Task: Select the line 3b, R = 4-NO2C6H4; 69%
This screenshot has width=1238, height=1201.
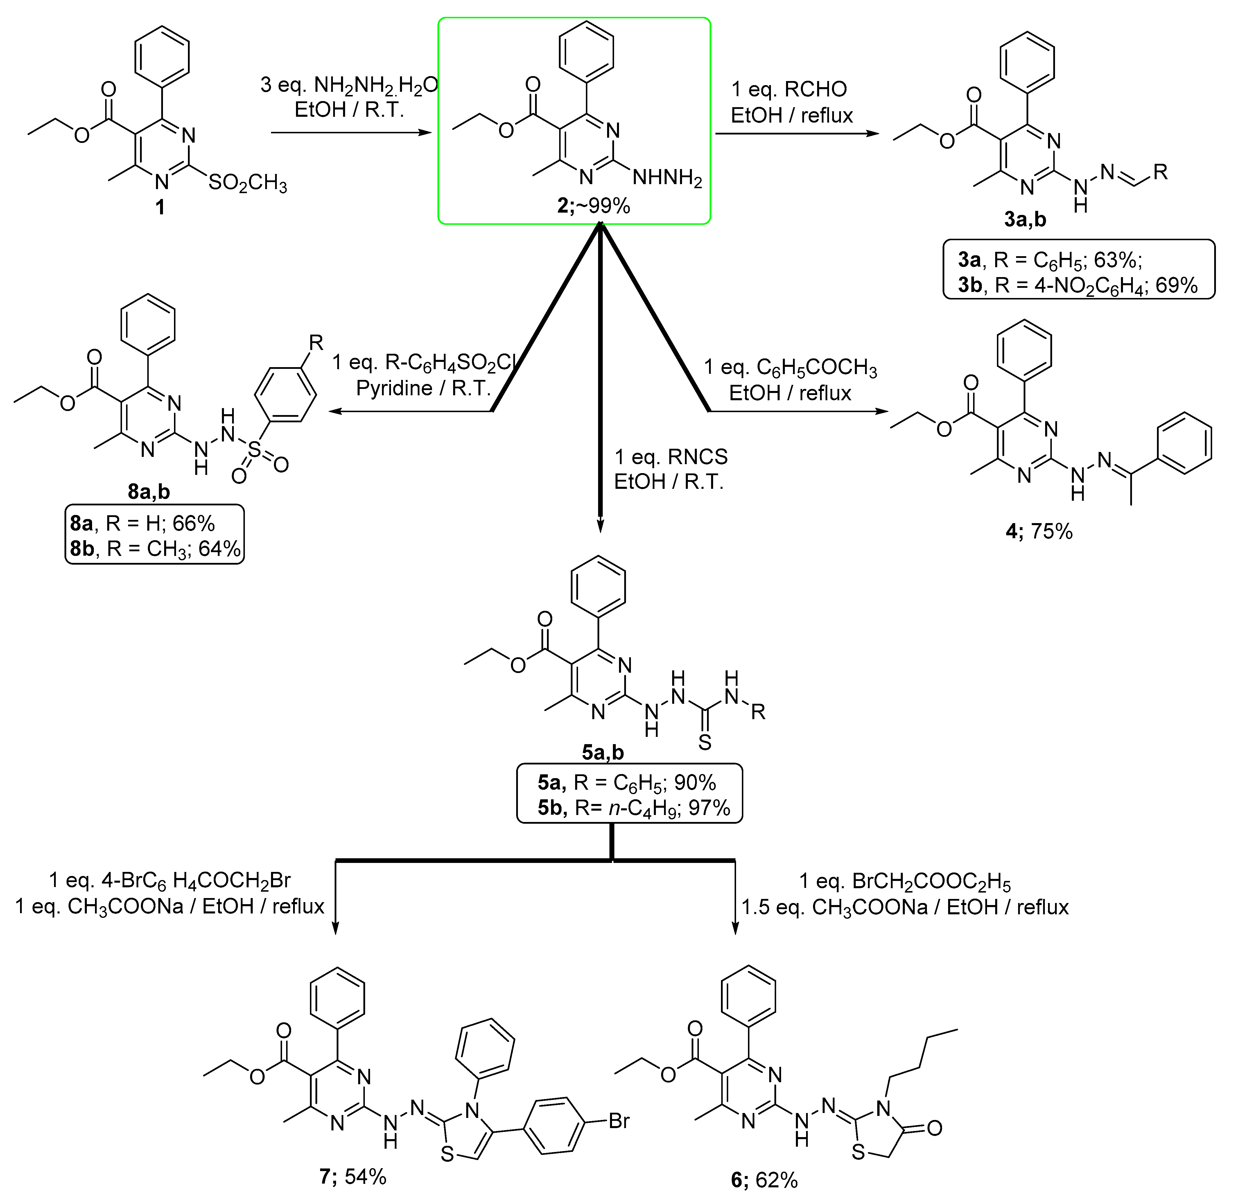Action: [x=1078, y=286]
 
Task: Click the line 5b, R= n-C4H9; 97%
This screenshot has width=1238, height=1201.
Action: [x=634, y=808]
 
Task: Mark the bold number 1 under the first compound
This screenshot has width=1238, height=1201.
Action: [x=160, y=207]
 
